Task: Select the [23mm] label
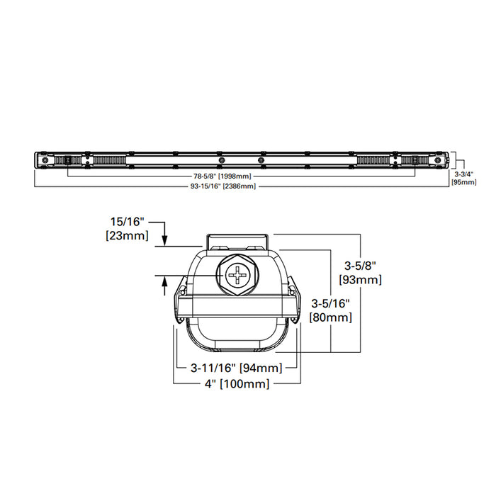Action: pos(127,235)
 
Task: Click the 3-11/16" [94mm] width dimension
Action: pos(237,368)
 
